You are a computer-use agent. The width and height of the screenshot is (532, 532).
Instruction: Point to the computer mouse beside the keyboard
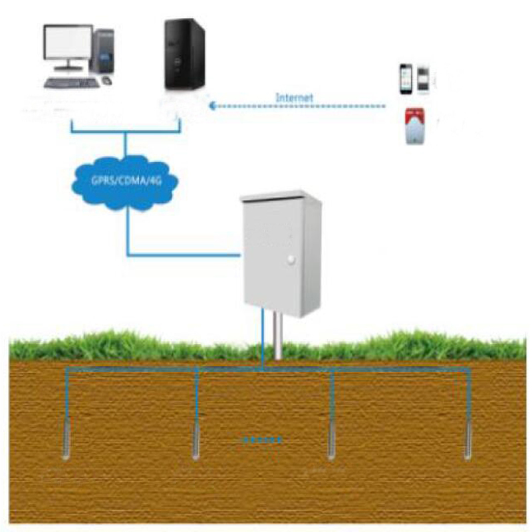107,80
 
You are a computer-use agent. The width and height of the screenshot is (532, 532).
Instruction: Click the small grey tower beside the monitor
104,51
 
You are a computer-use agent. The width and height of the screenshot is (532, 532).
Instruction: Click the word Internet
294,98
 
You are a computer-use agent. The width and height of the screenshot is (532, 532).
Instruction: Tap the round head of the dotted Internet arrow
212,105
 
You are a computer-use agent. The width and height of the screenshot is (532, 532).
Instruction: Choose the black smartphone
405,78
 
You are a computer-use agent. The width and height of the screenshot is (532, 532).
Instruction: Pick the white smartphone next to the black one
422,78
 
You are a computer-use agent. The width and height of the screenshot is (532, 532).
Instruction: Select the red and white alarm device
414,126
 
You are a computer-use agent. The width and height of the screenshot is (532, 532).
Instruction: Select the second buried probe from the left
196,442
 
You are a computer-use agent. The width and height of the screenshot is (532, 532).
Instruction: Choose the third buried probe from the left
332,443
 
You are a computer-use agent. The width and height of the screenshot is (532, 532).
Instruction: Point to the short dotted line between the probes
261,440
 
